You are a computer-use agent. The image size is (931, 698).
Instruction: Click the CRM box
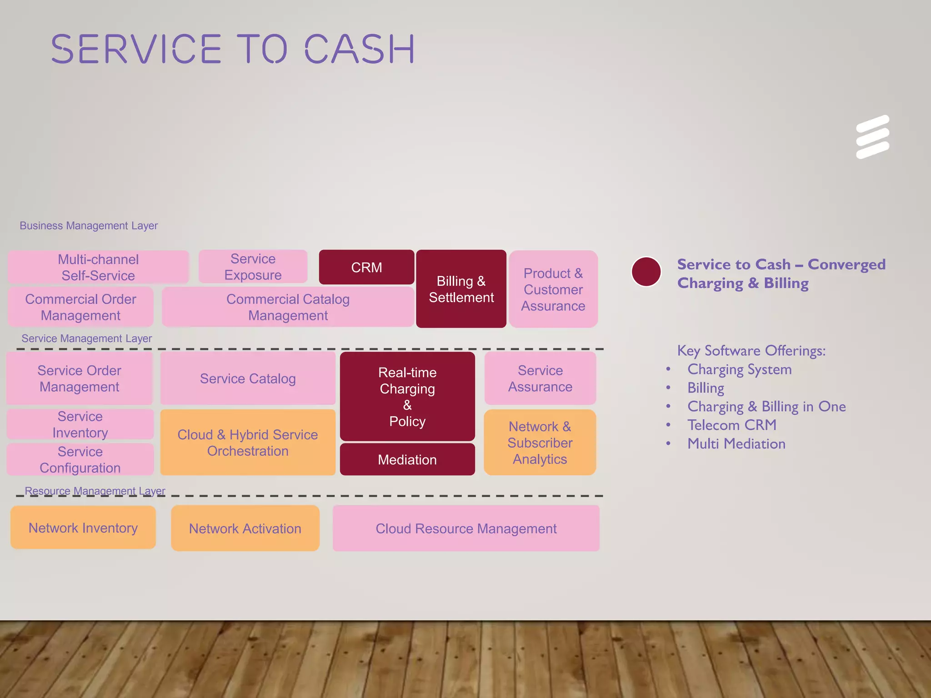click(366, 267)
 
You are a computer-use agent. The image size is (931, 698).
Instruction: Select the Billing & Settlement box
click(461, 289)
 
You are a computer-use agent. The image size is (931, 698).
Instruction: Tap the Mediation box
click(407, 459)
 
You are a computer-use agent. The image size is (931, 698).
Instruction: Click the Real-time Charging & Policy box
click(407, 396)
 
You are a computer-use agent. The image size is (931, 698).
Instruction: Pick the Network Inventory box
click(83, 528)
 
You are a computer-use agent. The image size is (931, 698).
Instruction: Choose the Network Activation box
click(245, 528)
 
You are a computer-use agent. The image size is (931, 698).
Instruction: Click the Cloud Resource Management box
click(466, 528)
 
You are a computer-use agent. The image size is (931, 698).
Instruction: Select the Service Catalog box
click(248, 379)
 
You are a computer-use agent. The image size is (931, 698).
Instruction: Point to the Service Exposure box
click(253, 267)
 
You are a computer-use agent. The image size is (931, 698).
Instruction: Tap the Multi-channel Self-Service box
click(98, 267)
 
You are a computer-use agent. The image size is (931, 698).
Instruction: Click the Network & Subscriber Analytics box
click(540, 443)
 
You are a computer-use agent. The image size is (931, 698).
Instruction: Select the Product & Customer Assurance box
click(553, 289)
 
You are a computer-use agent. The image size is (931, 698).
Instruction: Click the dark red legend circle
click(646, 272)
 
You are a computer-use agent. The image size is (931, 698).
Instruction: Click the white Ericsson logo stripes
click(872, 137)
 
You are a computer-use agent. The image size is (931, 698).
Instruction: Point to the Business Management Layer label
click(89, 225)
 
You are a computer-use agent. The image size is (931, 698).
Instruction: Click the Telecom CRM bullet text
click(731, 425)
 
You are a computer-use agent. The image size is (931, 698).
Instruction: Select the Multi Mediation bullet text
click(736, 444)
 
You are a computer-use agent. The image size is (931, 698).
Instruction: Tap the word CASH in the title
click(359, 49)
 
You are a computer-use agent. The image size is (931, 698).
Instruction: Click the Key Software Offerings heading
click(751, 350)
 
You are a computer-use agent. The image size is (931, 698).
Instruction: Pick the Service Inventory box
click(80, 424)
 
